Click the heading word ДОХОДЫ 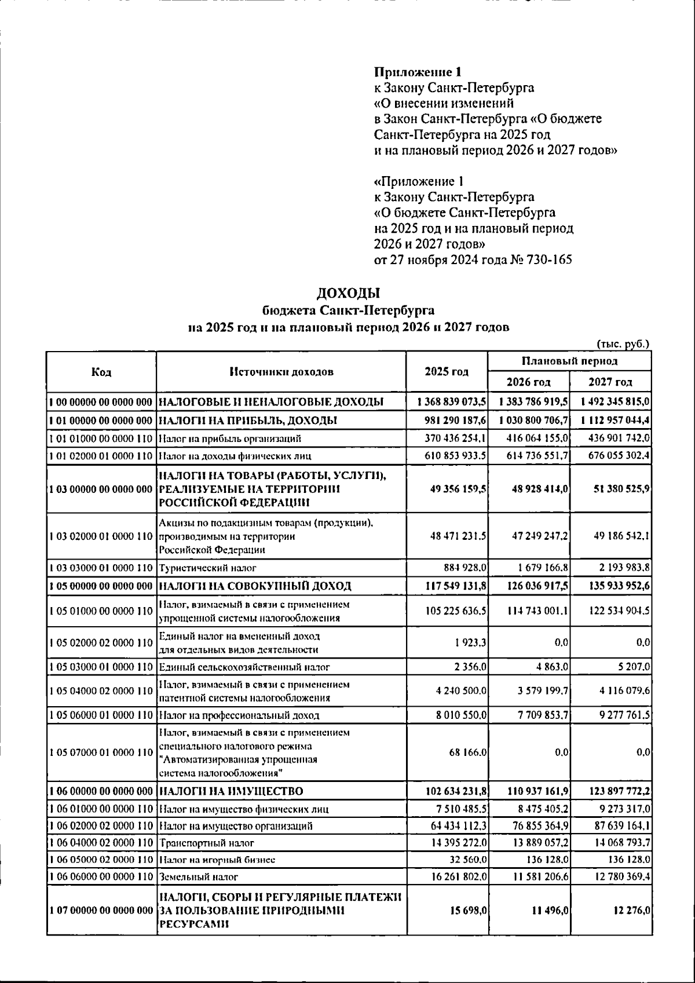click(349, 293)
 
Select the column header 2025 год click(447, 371)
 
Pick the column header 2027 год click(610, 382)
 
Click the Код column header click(101, 372)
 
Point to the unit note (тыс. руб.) click(623, 344)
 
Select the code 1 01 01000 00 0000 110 click(101, 438)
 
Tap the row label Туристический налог click(207, 568)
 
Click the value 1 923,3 click(472, 642)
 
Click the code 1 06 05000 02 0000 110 click(101, 860)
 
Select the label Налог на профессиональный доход click(239, 715)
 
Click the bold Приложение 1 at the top click(418, 72)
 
